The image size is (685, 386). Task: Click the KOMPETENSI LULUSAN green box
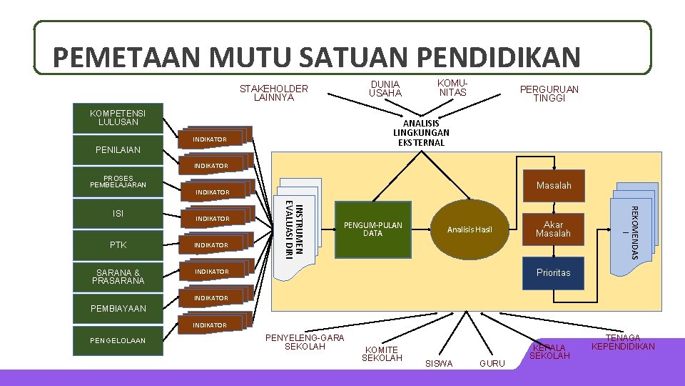[x=118, y=118]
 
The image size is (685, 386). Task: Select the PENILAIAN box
[x=118, y=150]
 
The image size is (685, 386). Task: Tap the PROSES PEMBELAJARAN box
[x=118, y=182]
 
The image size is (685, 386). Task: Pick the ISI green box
[x=118, y=213]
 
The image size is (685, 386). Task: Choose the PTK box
[x=118, y=245]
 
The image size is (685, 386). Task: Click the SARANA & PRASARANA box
[x=118, y=277]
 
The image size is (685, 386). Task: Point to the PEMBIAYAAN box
[x=118, y=309]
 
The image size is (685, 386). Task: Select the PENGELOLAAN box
[x=118, y=340]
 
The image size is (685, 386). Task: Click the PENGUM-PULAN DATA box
[x=373, y=229]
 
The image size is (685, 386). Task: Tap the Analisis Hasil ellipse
[x=470, y=229]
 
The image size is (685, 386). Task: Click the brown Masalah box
[x=554, y=186]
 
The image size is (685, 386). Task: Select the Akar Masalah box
[x=554, y=229]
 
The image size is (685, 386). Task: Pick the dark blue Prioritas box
[x=554, y=273]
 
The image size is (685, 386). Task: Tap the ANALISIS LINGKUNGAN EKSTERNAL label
[x=421, y=133]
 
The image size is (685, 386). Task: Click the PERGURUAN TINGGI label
[x=549, y=94]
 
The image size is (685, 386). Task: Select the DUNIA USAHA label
[x=385, y=89]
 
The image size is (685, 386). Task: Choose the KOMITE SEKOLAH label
[x=382, y=353]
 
